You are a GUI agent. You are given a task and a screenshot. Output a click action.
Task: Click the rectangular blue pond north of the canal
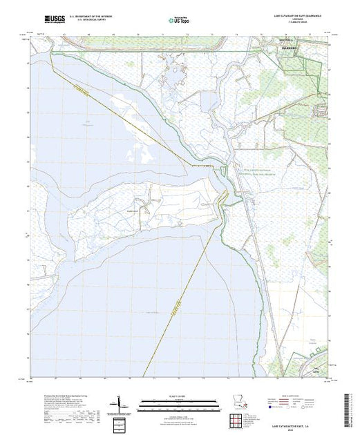coord(206,103)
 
